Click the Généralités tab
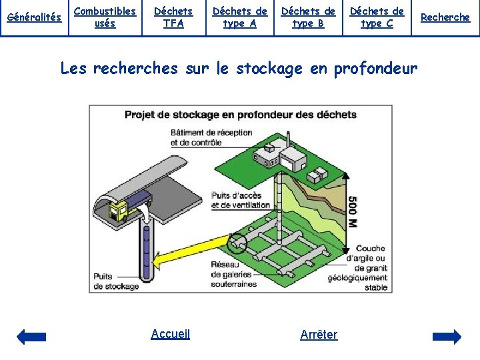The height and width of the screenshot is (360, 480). point(33,17)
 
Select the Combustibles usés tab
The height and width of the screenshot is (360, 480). point(105,17)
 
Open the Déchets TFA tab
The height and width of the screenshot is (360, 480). point(173,17)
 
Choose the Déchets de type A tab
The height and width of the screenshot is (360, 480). point(240,17)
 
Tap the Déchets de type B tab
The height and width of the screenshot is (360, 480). point(308,17)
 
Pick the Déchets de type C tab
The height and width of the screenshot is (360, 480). point(377,17)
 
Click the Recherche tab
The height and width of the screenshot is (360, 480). point(445,17)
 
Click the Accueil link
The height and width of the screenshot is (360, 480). point(171,334)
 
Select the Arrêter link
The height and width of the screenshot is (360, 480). point(319,335)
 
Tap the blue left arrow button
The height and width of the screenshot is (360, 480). point(31,336)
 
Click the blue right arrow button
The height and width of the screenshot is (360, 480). point(447,336)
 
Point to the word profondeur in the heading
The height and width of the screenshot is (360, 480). point(376,69)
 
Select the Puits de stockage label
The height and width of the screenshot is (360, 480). point(116,281)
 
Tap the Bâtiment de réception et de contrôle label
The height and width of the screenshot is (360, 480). point(211,137)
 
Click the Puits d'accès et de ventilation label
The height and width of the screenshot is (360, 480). point(241,200)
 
